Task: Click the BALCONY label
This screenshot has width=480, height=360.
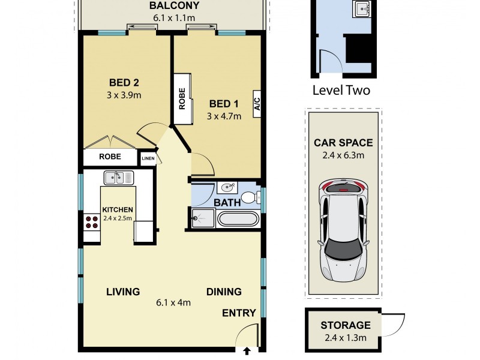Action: click(174, 7)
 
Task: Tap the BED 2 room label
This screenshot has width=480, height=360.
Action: click(124, 83)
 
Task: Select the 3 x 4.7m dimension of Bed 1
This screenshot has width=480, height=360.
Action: click(224, 116)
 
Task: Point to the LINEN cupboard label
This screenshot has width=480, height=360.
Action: click(148, 159)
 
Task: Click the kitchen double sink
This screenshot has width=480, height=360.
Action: click(118, 177)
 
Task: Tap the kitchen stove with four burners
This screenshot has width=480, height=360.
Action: click(91, 223)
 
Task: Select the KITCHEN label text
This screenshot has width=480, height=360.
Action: click(117, 209)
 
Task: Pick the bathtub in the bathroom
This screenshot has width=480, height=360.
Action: click(237, 218)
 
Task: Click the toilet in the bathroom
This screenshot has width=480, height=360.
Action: click(256, 196)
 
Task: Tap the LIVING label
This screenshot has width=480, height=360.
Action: click(123, 292)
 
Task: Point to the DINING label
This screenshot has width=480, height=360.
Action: click(224, 292)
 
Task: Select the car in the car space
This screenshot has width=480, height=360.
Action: click(343, 231)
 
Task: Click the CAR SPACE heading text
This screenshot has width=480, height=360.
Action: click(343, 143)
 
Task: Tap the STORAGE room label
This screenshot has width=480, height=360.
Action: click(345, 326)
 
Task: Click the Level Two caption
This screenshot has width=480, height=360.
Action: click(341, 91)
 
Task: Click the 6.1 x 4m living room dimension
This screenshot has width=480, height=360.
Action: click(173, 302)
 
